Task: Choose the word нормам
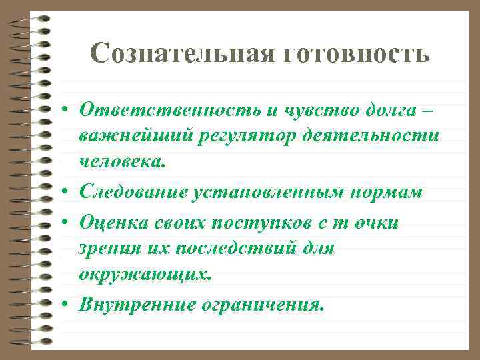(x=385, y=193)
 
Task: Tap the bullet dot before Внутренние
(x=68, y=305)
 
